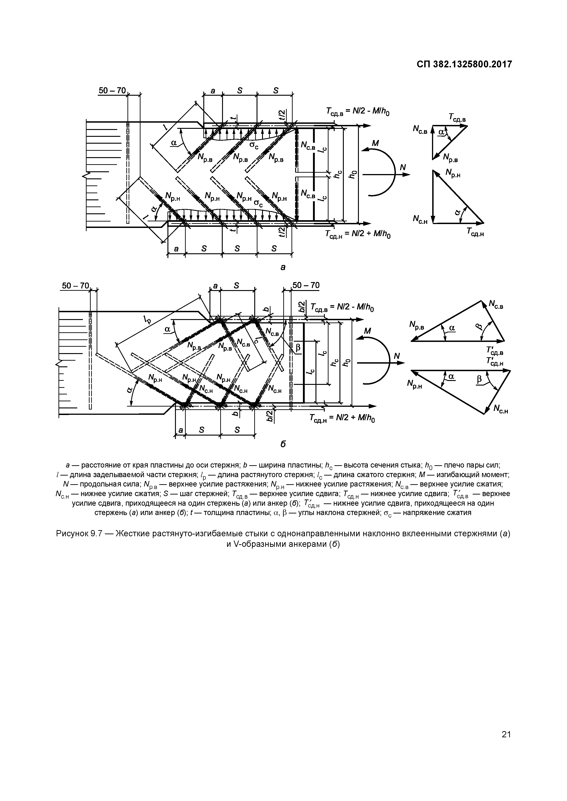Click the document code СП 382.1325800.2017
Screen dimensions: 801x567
[x=464, y=64]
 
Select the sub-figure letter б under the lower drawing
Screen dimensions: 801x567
[x=283, y=444]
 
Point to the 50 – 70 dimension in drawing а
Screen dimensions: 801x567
[x=112, y=90]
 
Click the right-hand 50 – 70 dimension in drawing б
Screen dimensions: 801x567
[x=306, y=285]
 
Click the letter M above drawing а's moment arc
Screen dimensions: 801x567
[x=375, y=143]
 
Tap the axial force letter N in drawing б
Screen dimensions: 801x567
[x=396, y=356]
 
